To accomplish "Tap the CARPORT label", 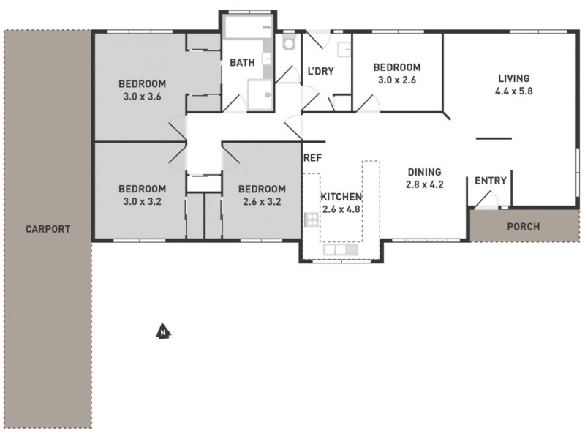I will pyautogui.click(x=48, y=229).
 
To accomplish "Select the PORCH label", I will pyautogui.click(x=524, y=226).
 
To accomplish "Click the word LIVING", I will pyautogui.click(x=513, y=79).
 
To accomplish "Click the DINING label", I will pyautogui.click(x=425, y=173).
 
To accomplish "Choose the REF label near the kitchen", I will pyautogui.click(x=313, y=157).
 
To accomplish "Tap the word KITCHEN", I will pyautogui.click(x=341, y=197).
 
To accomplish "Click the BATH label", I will pyautogui.click(x=242, y=63).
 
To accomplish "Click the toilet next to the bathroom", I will pyautogui.click(x=288, y=44).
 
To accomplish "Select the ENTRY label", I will pyautogui.click(x=491, y=181).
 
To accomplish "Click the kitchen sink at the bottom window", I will pyautogui.click(x=340, y=250).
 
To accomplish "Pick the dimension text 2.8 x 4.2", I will pyautogui.click(x=425, y=185).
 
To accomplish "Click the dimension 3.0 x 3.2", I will pyautogui.click(x=143, y=201).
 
